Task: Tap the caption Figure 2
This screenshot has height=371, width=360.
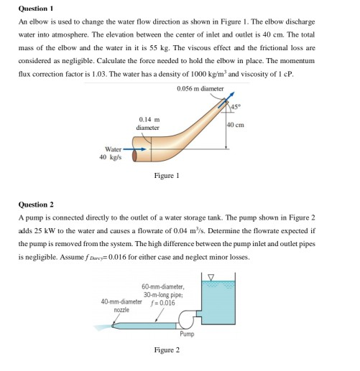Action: point(166,349)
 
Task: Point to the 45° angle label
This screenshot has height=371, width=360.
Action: point(235,108)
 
